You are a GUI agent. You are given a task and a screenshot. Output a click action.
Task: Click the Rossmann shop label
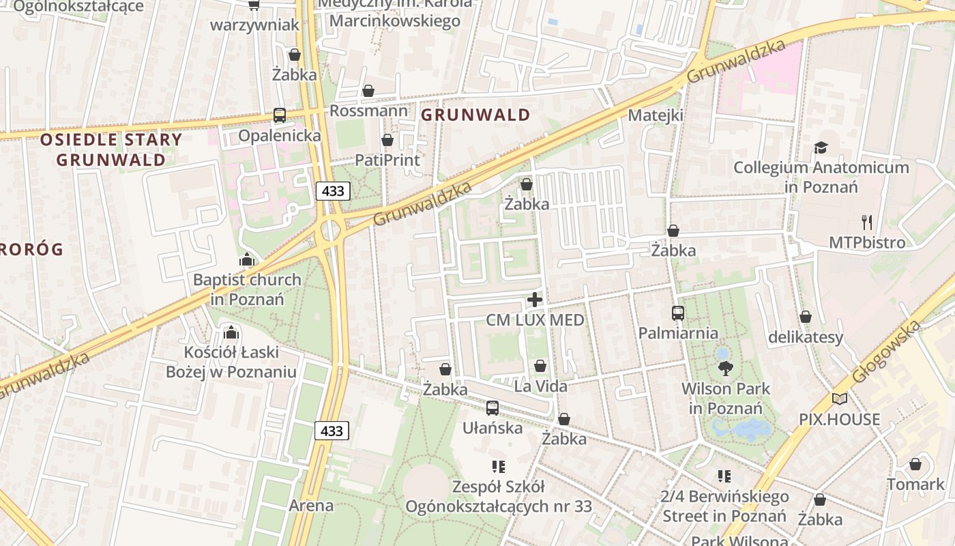click(369, 111)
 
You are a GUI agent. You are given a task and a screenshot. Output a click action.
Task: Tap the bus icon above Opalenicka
click(280, 115)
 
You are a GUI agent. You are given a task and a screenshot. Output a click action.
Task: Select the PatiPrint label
click(387, 160)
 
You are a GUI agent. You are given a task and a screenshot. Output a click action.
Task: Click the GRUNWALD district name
click(475, 115)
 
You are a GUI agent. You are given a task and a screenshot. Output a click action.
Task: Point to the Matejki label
click(656, 115)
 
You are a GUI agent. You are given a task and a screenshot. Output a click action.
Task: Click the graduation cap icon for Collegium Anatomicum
click(821, 148)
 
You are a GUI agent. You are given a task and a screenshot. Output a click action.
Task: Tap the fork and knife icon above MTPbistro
click(867, 222)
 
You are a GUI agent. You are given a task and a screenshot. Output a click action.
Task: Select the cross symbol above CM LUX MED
click(535, 300)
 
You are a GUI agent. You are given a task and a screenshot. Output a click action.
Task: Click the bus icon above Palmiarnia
click(678, 313)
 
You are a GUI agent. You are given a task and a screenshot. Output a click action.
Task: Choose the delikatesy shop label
click(806, 337)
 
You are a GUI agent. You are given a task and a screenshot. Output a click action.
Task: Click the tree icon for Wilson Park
click(725, 369)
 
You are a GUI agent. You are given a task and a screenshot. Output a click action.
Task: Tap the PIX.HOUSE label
click(840, 419)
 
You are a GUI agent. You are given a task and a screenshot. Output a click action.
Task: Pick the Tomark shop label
click(915, 485)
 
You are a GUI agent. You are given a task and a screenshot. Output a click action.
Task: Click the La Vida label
click(540, 386)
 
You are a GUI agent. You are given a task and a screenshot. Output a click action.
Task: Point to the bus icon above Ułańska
click(493, 408)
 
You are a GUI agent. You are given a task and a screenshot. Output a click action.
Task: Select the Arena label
click(311, 506)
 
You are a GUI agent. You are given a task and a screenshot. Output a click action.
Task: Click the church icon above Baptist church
click(246, 260)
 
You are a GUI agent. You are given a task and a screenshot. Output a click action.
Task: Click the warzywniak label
click(254, 25)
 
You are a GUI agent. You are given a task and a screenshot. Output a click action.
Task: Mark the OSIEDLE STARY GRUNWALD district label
click(111, 150)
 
